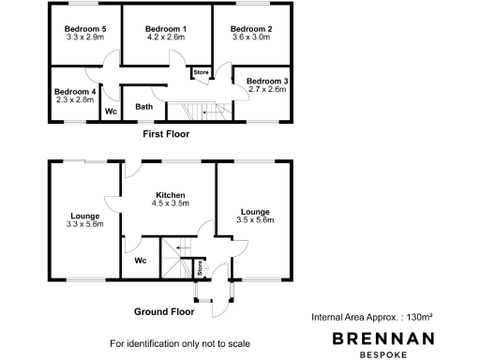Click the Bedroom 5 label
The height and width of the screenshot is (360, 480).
coord(85,29)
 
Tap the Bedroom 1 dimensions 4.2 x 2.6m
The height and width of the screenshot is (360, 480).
coord(167,38)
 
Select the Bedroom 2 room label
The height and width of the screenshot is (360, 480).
coord(251,29)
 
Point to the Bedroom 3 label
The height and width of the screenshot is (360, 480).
coord(267,81)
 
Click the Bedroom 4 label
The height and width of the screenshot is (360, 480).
coord(75,91)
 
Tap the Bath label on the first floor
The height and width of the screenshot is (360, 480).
coord(143,107)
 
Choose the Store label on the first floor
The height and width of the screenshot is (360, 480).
coord(201,72)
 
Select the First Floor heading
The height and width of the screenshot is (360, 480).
coord(166,134)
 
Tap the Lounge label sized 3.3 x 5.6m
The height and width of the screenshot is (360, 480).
coord(85,216)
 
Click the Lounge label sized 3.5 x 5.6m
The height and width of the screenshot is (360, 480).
coord(255,212)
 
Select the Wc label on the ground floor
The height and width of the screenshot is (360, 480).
coord(141,261)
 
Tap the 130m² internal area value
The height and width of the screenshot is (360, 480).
coord(423,319)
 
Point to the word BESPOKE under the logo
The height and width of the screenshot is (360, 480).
coord(394,354)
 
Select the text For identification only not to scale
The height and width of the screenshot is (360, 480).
coord(180,342)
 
